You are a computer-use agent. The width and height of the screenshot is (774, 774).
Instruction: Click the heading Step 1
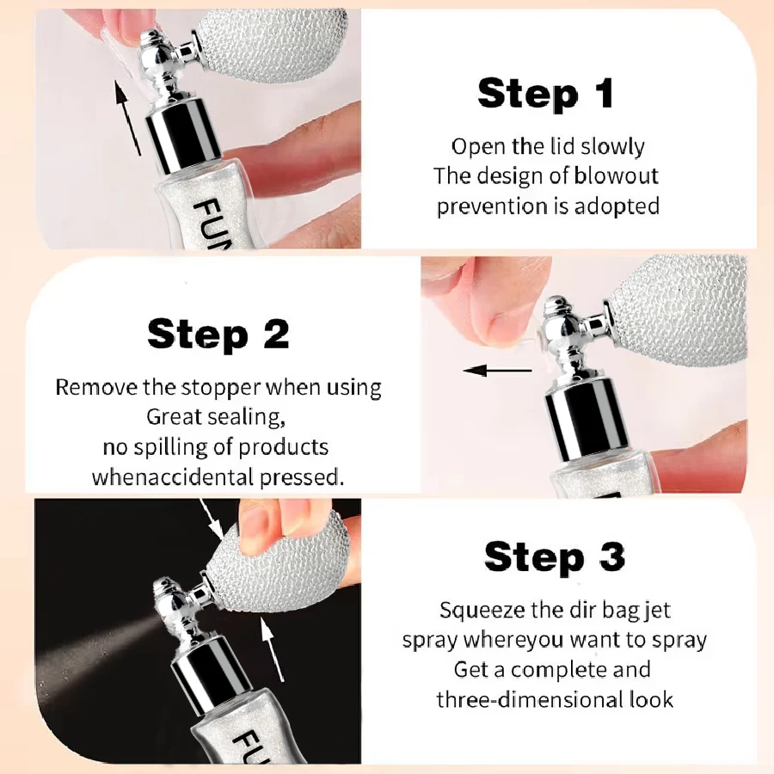tap(545, 94)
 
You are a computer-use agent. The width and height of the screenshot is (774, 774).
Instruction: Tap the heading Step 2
tap(218, 335)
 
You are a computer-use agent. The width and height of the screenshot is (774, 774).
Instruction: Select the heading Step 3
tap(555, 557)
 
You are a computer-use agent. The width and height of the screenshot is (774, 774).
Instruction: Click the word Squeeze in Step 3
tap(482, 611)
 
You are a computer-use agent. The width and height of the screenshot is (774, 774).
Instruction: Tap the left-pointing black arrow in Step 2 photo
tap(498, 370)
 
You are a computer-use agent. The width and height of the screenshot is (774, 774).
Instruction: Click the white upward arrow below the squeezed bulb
tap(273, 649)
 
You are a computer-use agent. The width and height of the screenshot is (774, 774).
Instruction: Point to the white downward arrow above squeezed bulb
tap(212, 518)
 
